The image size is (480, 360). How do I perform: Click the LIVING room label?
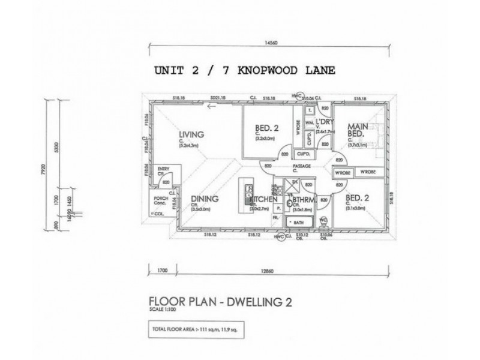point(191,134)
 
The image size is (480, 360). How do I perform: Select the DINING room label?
point(205,199)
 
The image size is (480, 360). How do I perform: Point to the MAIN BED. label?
point(358,130)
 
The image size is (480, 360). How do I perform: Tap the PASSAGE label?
point(301,166)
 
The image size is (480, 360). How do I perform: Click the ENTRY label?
point(163,170)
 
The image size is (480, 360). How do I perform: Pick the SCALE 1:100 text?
point(164,309)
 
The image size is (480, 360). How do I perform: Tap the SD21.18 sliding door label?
point(217,97)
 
